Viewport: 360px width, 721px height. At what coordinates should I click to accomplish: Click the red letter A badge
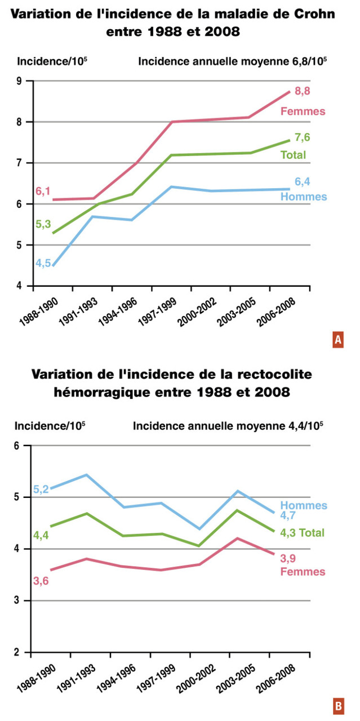point(338,339)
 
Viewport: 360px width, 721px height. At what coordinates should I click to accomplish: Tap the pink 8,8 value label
point(303,91)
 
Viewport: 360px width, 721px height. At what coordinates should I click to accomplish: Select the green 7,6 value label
point(303,137)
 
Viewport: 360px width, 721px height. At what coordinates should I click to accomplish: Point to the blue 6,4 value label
point(303,182)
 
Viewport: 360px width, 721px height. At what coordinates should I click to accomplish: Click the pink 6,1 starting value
point(43,191)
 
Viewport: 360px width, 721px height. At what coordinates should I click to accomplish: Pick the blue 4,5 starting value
point(43,263)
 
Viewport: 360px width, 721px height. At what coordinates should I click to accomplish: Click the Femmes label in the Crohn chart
point(303,112)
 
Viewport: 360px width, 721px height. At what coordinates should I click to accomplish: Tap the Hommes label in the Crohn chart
point(304,197)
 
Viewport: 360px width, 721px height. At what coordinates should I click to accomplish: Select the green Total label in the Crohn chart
point(293,155)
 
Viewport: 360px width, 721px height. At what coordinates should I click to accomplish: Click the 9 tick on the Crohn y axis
point(19,81)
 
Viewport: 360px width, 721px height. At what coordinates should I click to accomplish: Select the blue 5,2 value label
point(41,489)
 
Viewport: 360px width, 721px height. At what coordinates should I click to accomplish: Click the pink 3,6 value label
point(41,581)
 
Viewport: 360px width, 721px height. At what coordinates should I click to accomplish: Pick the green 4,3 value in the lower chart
point(288,533)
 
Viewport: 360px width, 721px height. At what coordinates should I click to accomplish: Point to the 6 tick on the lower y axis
point(17,446)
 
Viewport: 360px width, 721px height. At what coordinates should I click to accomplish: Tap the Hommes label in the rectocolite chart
point(304,505)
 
